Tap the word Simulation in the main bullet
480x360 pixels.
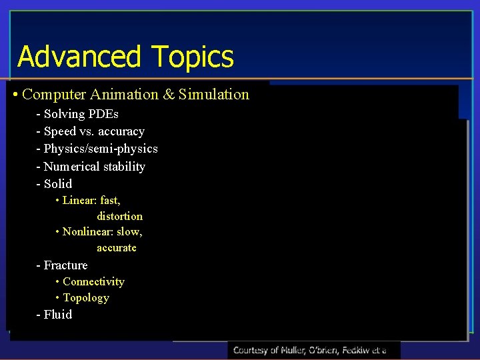213,95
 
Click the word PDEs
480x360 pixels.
103,114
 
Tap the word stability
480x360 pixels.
123,167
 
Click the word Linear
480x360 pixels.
79,200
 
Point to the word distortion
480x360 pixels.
119,216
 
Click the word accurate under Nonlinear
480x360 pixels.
117,248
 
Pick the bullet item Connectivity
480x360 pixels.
93,282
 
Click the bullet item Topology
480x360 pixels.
85,298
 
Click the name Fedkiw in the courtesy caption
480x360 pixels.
351,350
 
